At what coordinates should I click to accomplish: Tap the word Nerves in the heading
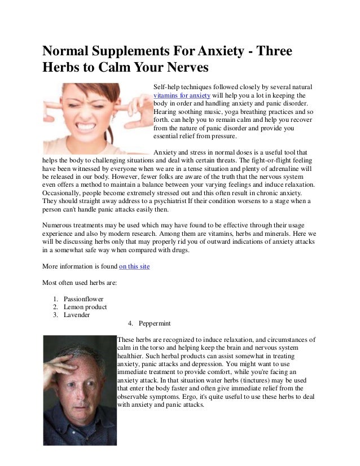pos(181,69)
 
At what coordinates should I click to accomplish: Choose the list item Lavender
pos(76,315)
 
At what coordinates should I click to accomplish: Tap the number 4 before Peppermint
pos(130,324)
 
